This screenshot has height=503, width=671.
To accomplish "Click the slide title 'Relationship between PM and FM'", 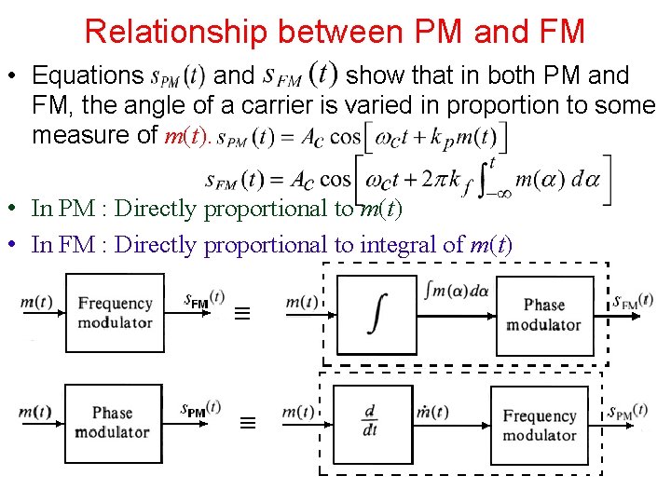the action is [x=335, y=32].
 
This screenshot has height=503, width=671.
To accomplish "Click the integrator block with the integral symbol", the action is [x=377, y=313].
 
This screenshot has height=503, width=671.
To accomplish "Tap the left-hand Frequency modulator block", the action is [x=115, y=313].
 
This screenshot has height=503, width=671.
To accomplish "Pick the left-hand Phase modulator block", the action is [x=113, y=422].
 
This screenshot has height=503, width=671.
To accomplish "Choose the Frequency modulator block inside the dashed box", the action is [x=539, y=425].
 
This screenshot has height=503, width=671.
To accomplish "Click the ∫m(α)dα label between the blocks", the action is [x=456, y=290].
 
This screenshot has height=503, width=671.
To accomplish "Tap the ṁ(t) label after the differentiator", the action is [x=434, y=412].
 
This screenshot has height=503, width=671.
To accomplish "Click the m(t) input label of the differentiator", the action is [x=298, y=412].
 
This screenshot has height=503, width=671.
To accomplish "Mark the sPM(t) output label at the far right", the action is [x=626, y=411].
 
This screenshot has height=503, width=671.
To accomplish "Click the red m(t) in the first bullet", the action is [x=185, y=136].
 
